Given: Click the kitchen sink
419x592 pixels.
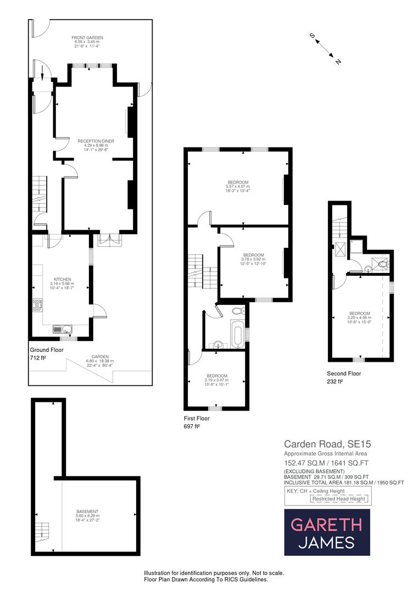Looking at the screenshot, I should pyautogui.click(x=62, y=329).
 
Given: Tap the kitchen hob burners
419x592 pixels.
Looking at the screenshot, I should pyautogui.click(x=38, y=305).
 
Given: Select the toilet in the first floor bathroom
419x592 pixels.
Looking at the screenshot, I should pyautogui.click(x=237, y=311).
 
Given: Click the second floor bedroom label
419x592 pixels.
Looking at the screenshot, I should pyautogui.click(x=359, y=317).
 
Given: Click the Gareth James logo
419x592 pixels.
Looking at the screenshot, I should pyautogui.click(x=327, y=532).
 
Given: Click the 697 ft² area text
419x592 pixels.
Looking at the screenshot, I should pyautogui.click(x=192, y=426).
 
